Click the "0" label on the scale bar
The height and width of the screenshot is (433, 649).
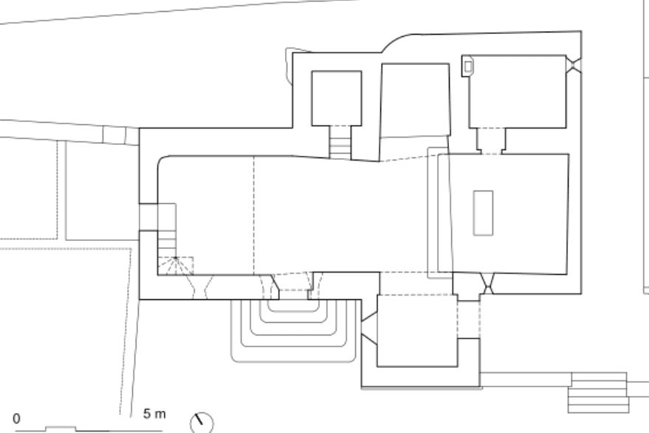point(17,418)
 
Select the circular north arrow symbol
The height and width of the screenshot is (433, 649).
point(202,422)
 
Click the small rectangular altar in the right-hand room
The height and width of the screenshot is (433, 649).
point(483,213)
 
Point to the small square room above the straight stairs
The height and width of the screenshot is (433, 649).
point(336,98)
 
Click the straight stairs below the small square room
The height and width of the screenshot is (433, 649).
point(340,141)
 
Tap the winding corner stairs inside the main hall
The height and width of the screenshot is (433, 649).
point(175,266)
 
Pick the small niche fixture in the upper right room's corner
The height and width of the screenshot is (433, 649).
point(467,66)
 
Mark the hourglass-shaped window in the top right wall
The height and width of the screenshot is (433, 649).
point(574,64)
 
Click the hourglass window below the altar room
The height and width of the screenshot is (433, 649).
point(487,282)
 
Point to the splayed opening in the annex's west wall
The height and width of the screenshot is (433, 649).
point(368,324)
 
